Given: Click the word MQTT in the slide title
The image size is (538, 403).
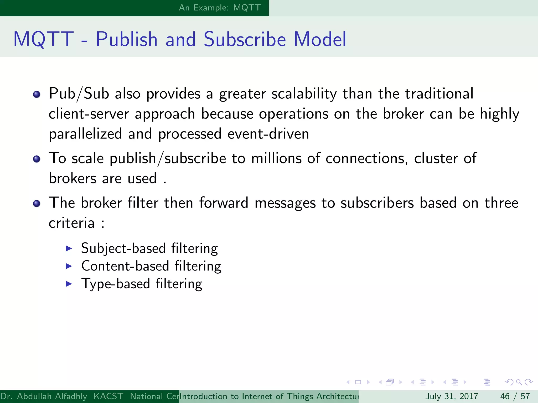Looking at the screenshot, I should (44, 39).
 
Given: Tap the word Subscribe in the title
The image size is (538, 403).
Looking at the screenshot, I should (245, 39).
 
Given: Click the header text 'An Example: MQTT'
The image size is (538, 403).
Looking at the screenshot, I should (220, 8).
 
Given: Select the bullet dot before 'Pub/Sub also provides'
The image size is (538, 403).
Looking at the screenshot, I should (37, 94).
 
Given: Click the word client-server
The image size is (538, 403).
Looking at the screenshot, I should (89, 114).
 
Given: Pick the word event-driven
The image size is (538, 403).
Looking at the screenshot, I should (268, 134).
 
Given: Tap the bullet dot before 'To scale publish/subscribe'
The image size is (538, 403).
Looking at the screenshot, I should (37, 159).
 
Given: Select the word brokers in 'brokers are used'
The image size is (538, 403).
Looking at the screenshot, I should (73, 179).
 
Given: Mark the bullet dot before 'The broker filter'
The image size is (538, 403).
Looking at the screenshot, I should (37, 204).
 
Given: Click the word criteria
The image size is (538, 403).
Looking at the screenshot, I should (72, 223).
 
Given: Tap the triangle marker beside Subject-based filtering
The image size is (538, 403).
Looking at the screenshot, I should (69, 248).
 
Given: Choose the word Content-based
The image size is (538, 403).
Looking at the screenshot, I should (125, 266).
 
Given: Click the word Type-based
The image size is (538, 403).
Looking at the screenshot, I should (116, 284).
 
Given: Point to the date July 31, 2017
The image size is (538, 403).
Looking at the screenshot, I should (452, 396).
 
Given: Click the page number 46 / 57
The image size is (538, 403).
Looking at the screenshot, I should (515, 396).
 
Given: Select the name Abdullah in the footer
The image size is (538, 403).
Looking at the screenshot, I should (34, 396).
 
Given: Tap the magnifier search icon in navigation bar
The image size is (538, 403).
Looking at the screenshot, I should (519, 382).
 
